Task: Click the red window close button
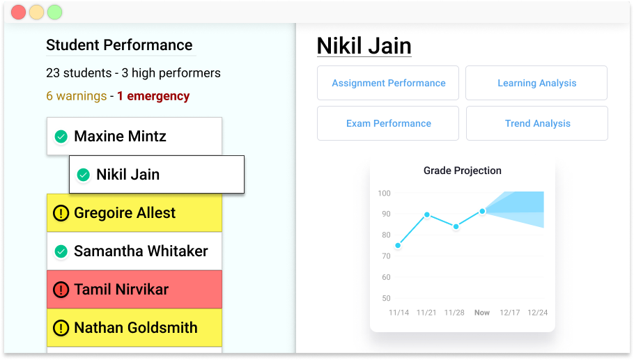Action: coord(19,12)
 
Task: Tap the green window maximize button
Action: coord(54,12)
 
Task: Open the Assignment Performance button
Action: coord(388,83)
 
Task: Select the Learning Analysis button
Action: coord(536,83)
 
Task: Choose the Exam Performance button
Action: coord(388,123)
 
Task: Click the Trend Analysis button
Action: coord(537,123)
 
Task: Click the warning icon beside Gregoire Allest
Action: coord(61,213)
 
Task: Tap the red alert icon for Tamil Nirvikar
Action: coord(61,289)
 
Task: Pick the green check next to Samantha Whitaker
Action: coord(61,251)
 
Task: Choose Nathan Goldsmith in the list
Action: coord(134,328)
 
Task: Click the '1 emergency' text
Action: coord(153,96)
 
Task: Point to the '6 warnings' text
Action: coord(77,96)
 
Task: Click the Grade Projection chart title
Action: coord(462,171)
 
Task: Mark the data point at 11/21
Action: coord(427,214)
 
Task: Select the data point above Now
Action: coord(482,211)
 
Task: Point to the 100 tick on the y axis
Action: coord(384,193)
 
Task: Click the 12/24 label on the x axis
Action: coord(537,313)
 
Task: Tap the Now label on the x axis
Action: coord(482,313)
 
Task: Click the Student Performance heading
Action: coord(119,45)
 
